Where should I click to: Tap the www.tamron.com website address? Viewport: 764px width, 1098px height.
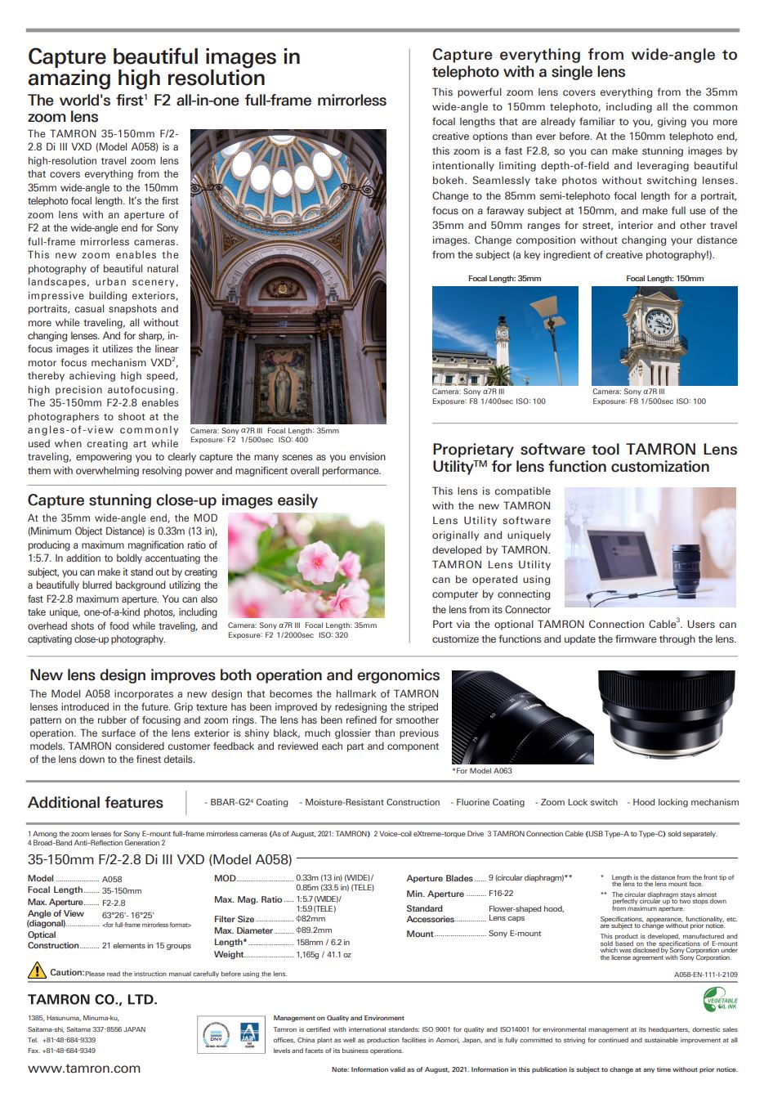84,1068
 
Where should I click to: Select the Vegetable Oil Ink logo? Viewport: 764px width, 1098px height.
720,998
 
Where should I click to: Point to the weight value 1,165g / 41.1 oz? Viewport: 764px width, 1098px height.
324,954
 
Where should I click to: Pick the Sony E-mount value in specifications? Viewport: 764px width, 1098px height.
515,933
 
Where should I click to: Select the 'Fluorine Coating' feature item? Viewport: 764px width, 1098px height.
489,802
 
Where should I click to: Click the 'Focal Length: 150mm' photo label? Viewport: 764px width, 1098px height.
664,279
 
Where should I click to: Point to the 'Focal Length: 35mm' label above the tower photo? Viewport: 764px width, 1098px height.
504,279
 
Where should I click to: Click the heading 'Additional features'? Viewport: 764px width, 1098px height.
96,803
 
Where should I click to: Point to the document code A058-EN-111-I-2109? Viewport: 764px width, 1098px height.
705,975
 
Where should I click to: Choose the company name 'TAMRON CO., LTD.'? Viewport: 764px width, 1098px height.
92,999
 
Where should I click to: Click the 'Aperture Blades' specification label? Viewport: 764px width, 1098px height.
440,878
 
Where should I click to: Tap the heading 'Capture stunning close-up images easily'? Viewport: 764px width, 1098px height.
172,500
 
